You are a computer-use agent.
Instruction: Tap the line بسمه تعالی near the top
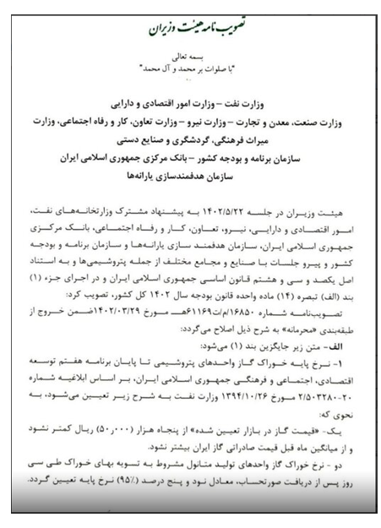click(193, 75)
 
